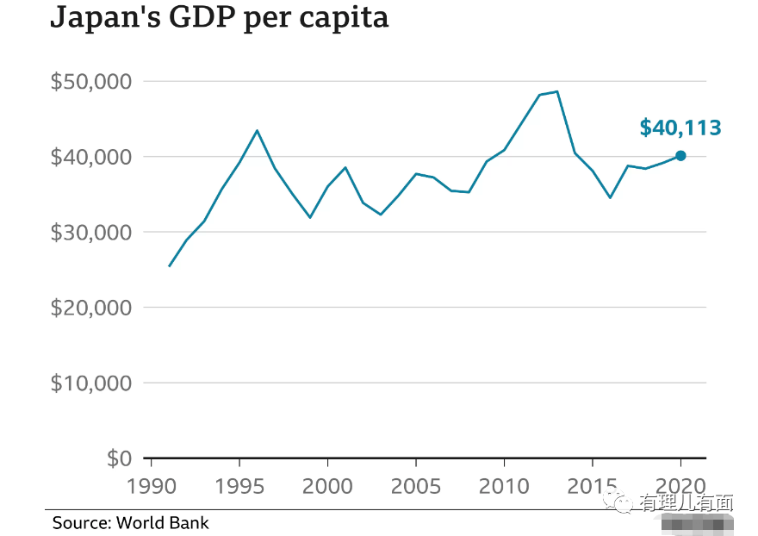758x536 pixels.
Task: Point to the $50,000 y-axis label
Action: click(x=90, y=82)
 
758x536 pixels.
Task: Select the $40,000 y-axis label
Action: click(x=90, y=157)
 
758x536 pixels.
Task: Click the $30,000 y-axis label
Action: click(x=90, y=233)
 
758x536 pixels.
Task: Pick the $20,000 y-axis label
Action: click(x=90, y=308)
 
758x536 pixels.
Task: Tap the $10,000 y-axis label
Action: click(x=90, y=383)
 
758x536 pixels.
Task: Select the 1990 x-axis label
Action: click(x=152, y=486)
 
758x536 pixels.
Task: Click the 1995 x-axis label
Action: click(x=239, y=486)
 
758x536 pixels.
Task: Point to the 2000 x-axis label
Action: click(x=328, y=486)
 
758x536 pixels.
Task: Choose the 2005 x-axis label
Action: click(x=416, y=486)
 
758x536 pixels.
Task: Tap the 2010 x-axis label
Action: click(x=504, y=486)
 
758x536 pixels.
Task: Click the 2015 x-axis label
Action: click(x=593, y=486)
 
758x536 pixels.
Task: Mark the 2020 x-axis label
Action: click(x=680, y=486)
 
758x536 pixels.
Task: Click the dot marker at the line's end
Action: click(x=680, y=156)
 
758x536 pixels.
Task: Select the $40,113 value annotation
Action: click(x=680, y=128)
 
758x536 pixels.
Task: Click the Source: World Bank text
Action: click(x=130, y=523)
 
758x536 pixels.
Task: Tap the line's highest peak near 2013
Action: click(x=557, y=91)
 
